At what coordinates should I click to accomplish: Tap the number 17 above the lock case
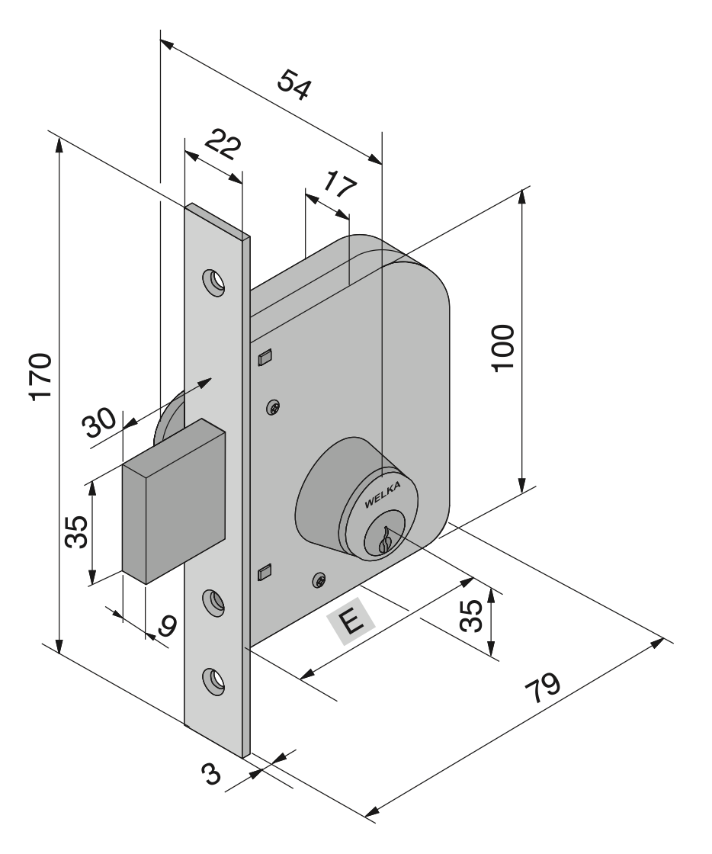pos(336,185)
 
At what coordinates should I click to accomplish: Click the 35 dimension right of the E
pos(473,615)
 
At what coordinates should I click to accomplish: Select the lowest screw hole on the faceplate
pos(213,679)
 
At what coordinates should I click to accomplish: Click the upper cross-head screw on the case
pos(274,409)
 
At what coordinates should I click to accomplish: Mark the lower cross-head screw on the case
pos(319,581)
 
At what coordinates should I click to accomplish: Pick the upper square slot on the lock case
pos(265,356)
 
